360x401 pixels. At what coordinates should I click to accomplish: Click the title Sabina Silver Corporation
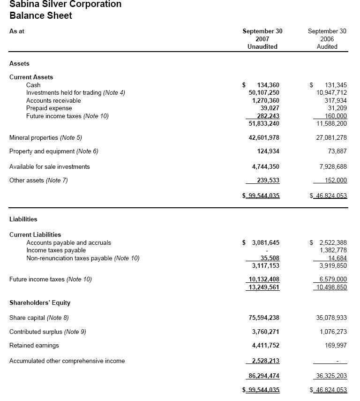[65, 4]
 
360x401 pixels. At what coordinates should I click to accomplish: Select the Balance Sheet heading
[41, 15]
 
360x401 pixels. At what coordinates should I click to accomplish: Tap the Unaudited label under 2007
[262, 46]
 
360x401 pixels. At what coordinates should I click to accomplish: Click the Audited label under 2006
[327, 46]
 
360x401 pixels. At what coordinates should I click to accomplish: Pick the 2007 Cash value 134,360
[268, 85]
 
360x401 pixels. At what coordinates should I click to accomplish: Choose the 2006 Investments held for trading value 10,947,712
[331, 92]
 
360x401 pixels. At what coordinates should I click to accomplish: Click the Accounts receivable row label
[53, 100]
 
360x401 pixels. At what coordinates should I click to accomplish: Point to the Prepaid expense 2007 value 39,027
[270, 108]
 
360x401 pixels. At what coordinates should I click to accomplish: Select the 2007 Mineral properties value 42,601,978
[264, 137]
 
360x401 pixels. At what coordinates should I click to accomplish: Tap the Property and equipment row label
[53, 151]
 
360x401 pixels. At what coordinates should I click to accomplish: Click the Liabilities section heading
[23, 219]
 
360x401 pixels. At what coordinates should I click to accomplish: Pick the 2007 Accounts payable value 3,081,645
[266, 242]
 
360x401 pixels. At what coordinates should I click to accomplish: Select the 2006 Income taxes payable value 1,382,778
[333, 250]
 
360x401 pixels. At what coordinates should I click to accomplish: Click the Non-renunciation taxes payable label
[82, 258]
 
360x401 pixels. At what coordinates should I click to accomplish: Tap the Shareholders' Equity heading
[40, 303]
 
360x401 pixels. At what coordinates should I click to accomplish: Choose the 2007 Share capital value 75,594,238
[264, 318]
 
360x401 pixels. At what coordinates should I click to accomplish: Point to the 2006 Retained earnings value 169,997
[337, 345]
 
